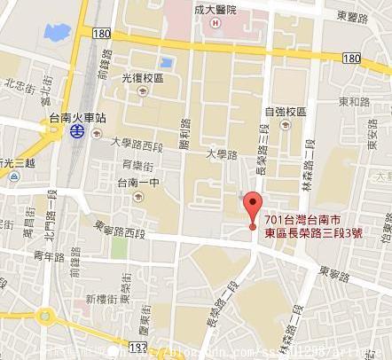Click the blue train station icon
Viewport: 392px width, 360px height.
point(77,130)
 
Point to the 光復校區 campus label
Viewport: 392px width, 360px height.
point(143,78)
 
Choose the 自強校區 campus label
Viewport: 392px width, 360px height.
point(284,112)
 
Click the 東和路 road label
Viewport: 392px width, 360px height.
point(354,102)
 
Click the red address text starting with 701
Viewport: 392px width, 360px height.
point(313,226)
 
